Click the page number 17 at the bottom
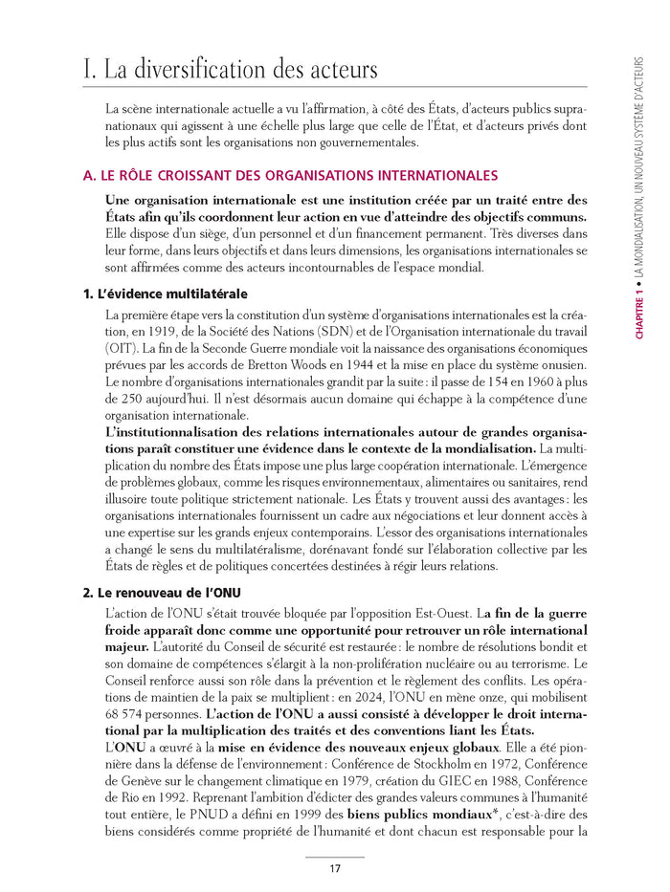(335, 869)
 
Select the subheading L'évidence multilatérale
(164, 294)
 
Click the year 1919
(158, 331)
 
